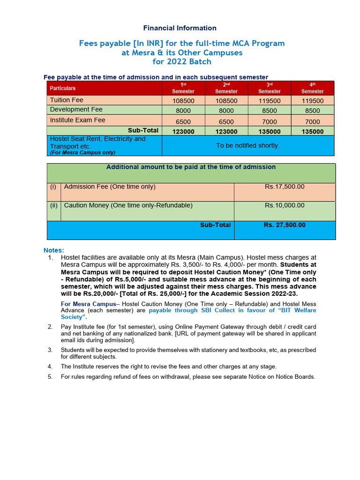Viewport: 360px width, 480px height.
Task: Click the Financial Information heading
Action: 180,28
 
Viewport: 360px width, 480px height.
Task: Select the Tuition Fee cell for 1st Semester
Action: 183,101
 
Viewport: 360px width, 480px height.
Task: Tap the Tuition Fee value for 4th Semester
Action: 312,101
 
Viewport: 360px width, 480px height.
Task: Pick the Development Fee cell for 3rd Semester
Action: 269,111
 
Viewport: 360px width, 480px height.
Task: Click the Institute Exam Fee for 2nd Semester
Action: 226,122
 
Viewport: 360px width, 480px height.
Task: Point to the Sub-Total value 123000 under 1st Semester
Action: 183,132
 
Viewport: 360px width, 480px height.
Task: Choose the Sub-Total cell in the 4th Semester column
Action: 312,132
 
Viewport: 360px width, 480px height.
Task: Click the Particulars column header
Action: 63,88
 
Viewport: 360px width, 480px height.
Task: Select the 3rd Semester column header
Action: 269,88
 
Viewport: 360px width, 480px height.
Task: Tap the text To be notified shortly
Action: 247,146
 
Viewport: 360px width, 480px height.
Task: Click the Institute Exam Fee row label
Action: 78,120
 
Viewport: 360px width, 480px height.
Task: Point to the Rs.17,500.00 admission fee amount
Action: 285,187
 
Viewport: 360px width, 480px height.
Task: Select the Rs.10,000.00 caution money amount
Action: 285,206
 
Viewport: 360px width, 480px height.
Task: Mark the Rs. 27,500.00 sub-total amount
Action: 285,225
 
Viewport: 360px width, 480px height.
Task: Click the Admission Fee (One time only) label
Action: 110,187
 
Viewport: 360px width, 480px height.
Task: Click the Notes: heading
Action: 53,250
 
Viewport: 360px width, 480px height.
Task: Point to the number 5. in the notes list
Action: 50,377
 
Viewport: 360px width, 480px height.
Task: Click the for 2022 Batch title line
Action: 182,62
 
